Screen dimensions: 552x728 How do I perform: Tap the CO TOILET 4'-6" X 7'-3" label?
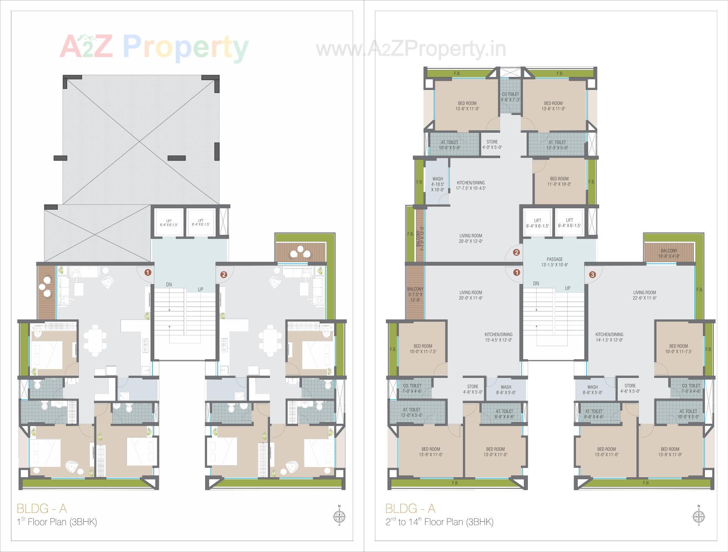coord(510,97)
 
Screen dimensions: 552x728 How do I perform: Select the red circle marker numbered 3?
coord(592,274)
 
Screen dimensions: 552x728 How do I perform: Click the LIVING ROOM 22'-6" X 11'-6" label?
coord(644,295)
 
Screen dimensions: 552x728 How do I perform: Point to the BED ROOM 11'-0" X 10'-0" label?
coord(559,181)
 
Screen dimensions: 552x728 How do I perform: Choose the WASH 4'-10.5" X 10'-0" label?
coord(437,184)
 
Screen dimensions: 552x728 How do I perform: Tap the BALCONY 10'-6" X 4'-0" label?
coord(668,253)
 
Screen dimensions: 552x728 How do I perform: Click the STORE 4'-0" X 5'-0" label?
coord(492,144)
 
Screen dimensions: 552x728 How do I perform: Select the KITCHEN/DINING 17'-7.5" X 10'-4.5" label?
coord(471,185)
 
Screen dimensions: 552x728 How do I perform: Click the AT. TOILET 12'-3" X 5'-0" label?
coord(557,145)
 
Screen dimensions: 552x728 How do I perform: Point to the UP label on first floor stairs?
coord(200,289)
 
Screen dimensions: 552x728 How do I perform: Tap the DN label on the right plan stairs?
coord(536,283)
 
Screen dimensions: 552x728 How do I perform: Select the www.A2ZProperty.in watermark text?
coord(411,49)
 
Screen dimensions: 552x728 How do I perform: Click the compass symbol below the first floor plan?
coord(339,516)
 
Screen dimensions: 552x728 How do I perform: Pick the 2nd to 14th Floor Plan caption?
coord(439,522)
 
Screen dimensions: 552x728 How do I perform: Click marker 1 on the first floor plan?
coord(148,272)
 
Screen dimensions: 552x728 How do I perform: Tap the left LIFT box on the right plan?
coord(537,223)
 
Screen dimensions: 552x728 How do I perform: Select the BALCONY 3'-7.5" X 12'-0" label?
coord(415,294)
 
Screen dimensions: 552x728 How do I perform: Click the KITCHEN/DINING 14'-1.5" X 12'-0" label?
coord(609,337)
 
